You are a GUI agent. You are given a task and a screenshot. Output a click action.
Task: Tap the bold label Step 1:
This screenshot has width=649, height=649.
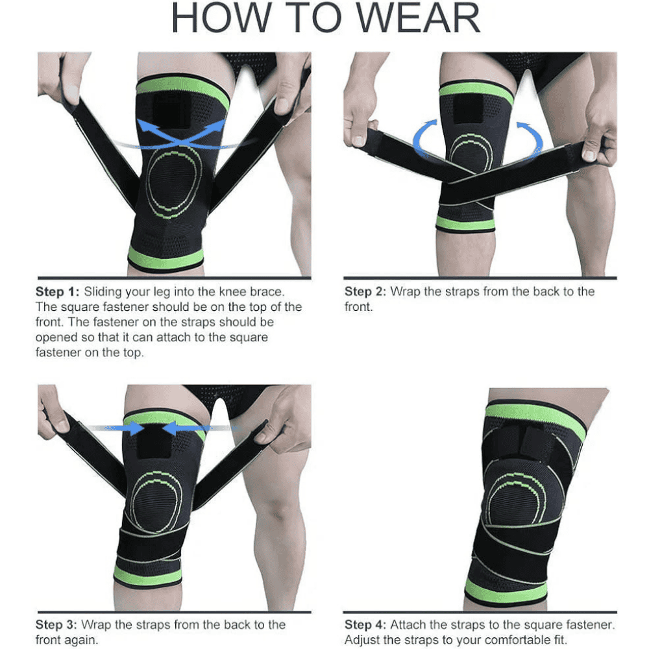(x=57, y=291)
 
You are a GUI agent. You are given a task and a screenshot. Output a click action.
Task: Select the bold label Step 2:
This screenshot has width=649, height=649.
(x=365, y=291)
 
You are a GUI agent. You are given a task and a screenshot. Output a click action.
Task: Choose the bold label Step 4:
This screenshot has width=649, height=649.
(x=365, y=624)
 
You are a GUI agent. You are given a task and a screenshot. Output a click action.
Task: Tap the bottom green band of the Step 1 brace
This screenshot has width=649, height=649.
(x=165, y=260)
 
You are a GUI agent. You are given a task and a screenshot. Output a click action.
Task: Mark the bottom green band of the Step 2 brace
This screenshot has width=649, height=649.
(x=465, y=224)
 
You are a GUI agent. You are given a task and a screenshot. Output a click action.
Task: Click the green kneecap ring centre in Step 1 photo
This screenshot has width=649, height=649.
(x=175, y=183)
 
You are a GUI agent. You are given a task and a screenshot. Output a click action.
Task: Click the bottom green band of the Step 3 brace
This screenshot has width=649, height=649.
(x=148, y=576)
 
